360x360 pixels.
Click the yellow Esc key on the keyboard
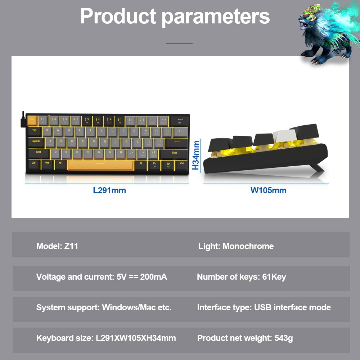pyautogui.click(x=32, y=120)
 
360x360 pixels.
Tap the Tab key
pyautogui.click(x=35, y=131)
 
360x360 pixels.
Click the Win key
pyautogui.click(x=48, y=164)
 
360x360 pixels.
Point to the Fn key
pyautogui.click(x=154, y=164)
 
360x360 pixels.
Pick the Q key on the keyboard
pyautogui.click(x=48, y=131)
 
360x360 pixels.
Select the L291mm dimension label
pyautogui.click(x=109, y=190)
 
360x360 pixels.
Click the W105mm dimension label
pyautogui.click(x=269, y=190)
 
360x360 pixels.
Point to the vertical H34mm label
pyautogui.click(x=196, y=155)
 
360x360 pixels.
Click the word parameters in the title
pyautogui.click(x=216, y=16)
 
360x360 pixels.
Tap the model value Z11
pyautogui.click(x=71, y=246)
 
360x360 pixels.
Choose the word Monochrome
pyautogui.click(x=248, y=246)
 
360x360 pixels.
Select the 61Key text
pyautogui.click(x=274, y=277)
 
